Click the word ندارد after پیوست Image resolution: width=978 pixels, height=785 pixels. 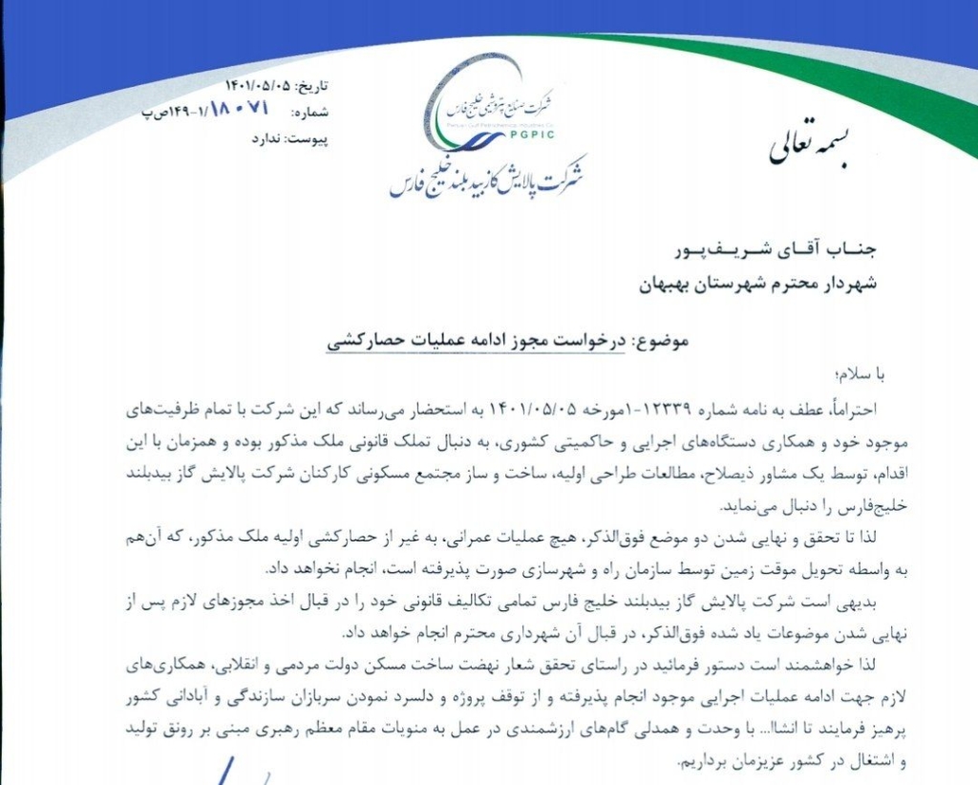(266, 139)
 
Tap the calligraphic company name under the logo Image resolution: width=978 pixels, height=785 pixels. (488, 177)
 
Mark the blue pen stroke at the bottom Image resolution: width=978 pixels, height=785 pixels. (229, 770)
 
